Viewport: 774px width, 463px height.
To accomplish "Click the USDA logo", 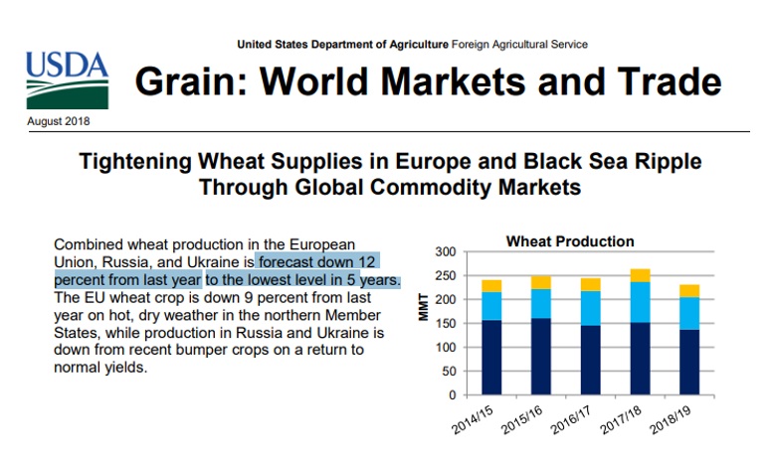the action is (x=67, y=80).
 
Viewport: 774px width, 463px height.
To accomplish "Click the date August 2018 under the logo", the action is (x=59, y=121).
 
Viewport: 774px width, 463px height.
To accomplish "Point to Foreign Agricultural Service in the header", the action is (x=519, y=45).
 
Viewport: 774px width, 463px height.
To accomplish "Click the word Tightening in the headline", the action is (x=135, y=162).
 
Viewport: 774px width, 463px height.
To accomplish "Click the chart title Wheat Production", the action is (x=570, y=241).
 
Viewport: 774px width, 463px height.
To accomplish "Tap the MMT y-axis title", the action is (x=424, y=307).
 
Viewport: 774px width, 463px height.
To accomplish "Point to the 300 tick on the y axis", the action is (x=446, y=252).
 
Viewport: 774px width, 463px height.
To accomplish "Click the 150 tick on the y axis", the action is (x=446, y=324).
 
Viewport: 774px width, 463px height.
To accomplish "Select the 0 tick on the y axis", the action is (x=452, y=395).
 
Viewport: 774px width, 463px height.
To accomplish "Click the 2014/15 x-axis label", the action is (x=473, y=420).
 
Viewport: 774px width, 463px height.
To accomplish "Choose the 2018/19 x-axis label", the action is (x=670, y=420).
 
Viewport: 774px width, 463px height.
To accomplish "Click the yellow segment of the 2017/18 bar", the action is (x=641, y=275).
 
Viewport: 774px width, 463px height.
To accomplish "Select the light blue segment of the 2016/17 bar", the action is (x=590, y=308).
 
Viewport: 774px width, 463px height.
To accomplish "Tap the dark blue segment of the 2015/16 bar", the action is (x=541, y=357).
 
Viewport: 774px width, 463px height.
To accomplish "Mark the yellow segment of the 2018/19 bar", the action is (x=689, y=291).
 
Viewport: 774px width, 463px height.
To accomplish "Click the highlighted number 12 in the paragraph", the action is (x=367, y=262).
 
